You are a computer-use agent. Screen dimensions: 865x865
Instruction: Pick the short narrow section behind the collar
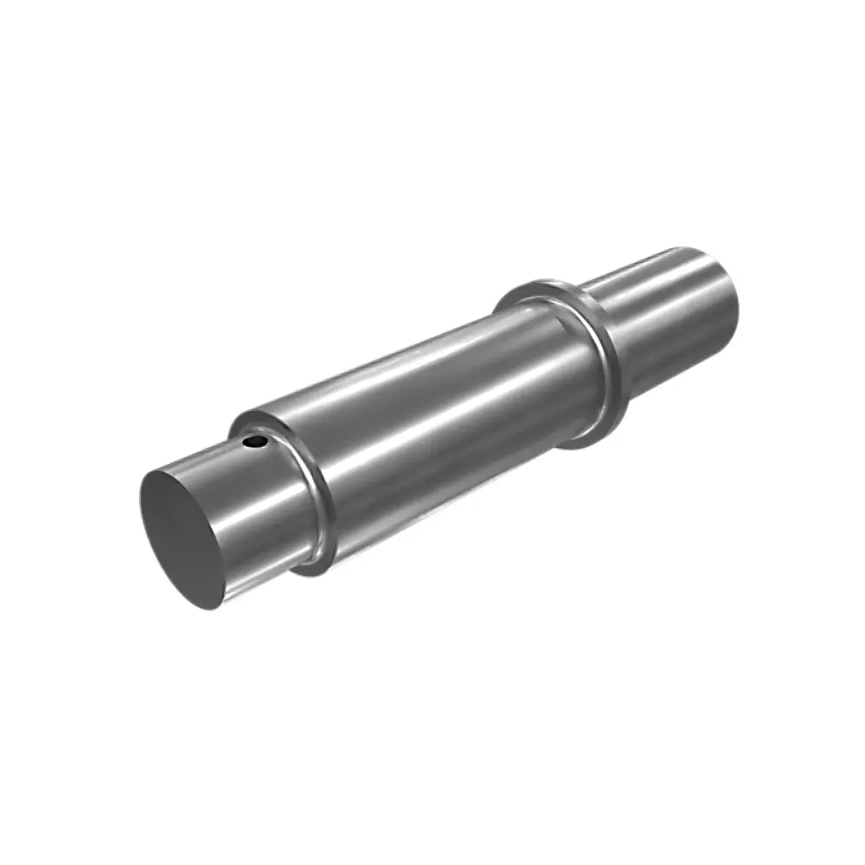pos(666,320)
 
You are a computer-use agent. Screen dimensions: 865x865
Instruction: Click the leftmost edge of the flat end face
pos(140,510)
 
